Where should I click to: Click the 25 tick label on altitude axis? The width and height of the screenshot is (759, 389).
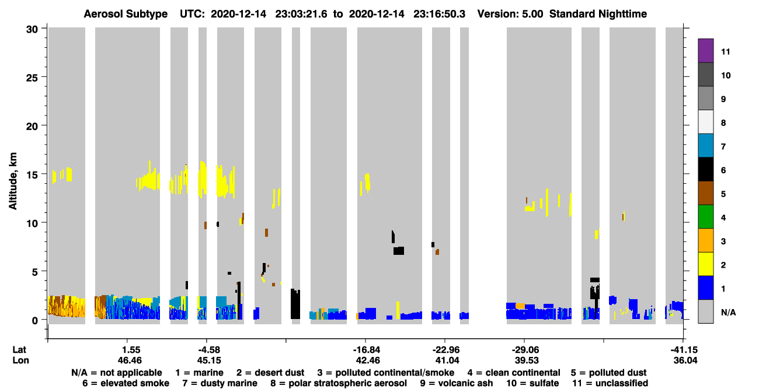(32, 78)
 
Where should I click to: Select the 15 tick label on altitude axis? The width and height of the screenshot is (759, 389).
(32, 175)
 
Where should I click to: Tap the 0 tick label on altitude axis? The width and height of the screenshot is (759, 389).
(35, 320)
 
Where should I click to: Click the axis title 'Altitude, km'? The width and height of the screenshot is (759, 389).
(12, 181)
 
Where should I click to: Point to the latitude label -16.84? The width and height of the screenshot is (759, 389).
(366, 350)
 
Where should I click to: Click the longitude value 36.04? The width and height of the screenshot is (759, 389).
(685, 360)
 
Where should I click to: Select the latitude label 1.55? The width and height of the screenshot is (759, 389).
(131, 350)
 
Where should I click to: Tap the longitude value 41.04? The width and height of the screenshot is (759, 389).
(447, 360)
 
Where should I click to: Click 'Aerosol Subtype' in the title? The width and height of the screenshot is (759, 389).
(126, 14)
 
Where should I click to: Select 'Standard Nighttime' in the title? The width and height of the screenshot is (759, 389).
(598, 14)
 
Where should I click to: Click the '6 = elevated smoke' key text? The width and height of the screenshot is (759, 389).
(126, 383)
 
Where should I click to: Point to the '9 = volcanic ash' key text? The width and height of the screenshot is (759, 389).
(457, 383)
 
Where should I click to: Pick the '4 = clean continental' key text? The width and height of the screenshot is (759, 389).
(514, 373)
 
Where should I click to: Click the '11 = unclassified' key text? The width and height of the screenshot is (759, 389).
(610, 383)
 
